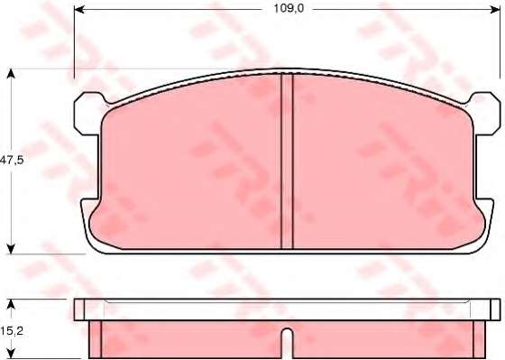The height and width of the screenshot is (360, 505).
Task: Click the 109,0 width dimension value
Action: click(289, 8)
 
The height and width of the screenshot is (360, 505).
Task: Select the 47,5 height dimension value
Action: click(12, 160)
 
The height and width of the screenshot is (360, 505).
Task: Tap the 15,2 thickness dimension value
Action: click(12, 330)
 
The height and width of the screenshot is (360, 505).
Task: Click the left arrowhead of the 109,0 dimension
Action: click(79, 9)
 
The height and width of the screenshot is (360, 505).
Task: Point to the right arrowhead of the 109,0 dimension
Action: click(495, 9)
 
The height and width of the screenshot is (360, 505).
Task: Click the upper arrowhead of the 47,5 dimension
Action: click(11, 73)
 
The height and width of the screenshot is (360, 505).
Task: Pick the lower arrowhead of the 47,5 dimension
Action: click(11, 249)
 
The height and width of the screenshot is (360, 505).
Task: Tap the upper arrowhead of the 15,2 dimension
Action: click(11, 304)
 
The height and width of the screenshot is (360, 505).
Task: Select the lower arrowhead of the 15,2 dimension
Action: click(11, 355)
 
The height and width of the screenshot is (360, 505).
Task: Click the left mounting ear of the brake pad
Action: click(87, 114)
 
